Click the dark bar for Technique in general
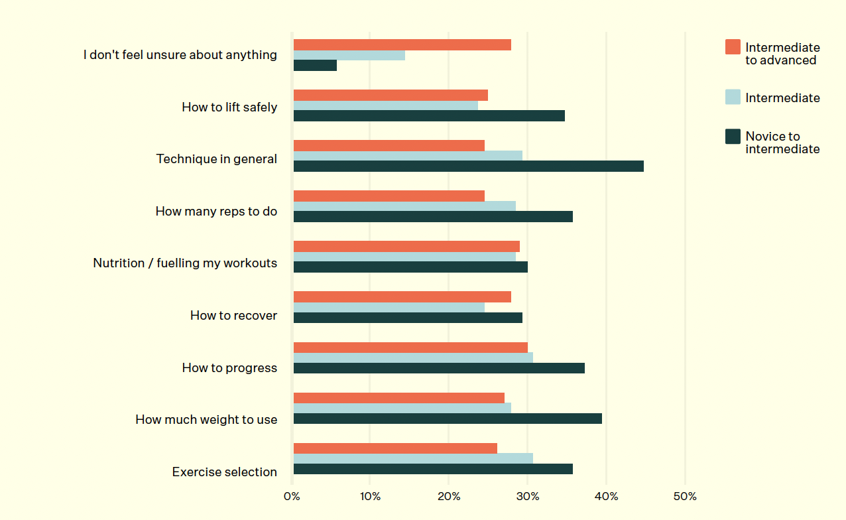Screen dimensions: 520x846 (x=468, y=166)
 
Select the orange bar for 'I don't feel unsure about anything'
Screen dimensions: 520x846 (x=402, y=45)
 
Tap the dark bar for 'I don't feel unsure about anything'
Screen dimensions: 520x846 (x=315, y=65)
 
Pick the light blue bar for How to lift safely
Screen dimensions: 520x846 (x=385, y=105)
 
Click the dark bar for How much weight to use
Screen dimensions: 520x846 (x=448, y=419)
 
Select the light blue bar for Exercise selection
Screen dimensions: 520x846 (x=413, y=458)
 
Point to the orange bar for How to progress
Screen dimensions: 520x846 (x=410, y=348)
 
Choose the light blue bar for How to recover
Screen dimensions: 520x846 (x=389, y=307)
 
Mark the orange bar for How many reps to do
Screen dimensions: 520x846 (x=389, y=196)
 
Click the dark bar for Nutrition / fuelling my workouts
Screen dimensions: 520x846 (x=410, y=267)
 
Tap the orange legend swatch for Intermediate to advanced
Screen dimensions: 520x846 (x=733, y=46)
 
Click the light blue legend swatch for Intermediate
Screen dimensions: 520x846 (x=733, y=97)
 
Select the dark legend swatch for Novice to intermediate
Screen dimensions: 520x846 (x=733, y=137)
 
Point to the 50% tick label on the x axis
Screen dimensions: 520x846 (x=685, y=497)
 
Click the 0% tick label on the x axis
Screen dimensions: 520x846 (x=292, y=497)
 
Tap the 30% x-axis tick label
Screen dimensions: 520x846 (x=528, y=497)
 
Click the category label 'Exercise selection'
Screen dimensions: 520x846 (x=225, y=472)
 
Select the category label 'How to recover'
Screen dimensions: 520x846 (x=233, y=316)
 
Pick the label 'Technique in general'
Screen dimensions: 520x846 (x=217, y=159)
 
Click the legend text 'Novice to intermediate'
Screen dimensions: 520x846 (x=782, y=143)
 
